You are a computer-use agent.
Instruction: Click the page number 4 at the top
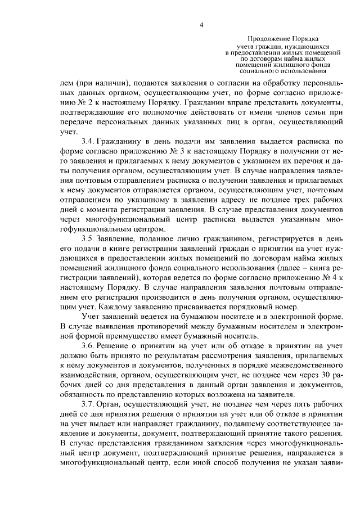[x=201, y=25]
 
